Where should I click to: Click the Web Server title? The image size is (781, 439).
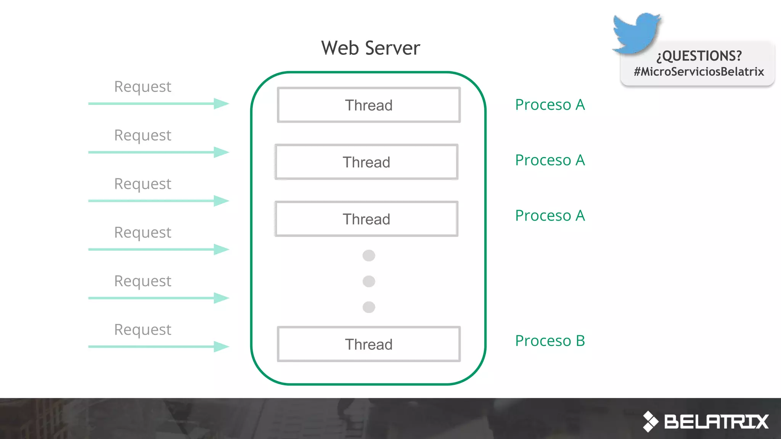[x=370, y=48]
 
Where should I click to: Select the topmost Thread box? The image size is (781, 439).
[x=369, y=105]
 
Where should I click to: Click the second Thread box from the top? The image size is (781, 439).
[x=366, y=162]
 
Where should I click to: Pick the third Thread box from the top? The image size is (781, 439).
[x=366, y=219]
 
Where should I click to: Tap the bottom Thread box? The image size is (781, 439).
[x=369, y=344]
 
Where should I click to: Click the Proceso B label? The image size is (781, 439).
[x=550, y=341]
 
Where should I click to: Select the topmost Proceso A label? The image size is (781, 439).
[x=550, y=105]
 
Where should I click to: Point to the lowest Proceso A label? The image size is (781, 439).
[x=550, y=216]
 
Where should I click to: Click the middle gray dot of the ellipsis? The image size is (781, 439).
[x=369, y=281]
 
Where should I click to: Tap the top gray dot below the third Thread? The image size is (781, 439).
[x=369, y=255]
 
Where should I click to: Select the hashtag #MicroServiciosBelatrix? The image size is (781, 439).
[x=699, y=72]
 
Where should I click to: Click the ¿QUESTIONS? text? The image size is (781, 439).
[x=699, y=56]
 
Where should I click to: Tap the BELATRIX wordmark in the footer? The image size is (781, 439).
[x=716, y=421]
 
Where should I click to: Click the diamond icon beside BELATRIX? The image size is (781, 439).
[x=651, y=421]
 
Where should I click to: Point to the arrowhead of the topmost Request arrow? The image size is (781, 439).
[x=221, y=104]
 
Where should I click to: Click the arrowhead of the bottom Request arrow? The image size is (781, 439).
[x=221, y=346]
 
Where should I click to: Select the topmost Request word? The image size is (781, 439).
[x=143, y=87]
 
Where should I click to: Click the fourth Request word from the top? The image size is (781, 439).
[x=143, y=232]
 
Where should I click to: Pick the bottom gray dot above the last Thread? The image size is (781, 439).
[x=369, y=307]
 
